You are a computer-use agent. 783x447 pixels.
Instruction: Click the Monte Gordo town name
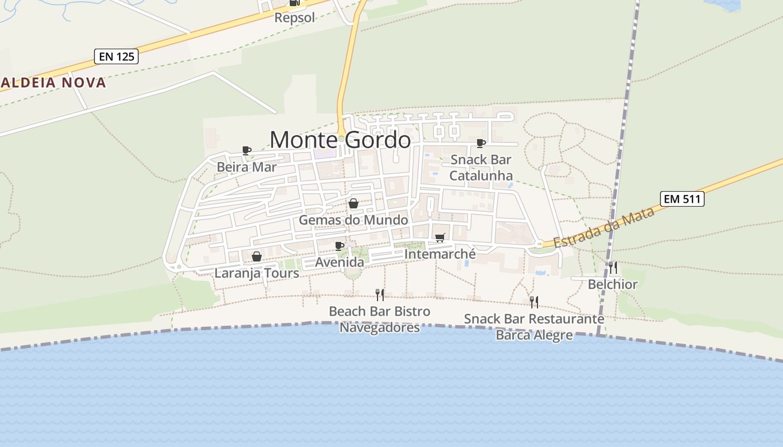340,140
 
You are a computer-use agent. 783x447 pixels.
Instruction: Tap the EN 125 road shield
116,56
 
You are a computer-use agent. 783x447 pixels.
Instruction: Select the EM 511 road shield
682,199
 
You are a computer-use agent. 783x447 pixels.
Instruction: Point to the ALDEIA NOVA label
53,83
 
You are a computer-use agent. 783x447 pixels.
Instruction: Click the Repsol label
295,17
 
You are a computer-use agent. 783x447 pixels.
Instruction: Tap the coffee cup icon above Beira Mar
246,150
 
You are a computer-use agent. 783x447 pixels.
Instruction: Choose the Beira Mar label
247,167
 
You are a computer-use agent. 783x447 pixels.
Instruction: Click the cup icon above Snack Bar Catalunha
480,143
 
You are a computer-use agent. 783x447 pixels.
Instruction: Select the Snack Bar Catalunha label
481,168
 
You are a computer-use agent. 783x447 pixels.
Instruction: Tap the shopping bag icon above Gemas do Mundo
353,203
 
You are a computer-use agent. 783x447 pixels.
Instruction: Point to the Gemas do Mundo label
353,220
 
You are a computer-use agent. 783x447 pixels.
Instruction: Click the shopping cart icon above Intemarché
440,238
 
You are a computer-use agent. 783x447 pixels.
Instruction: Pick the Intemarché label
440,254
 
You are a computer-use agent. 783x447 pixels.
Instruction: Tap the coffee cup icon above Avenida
339,246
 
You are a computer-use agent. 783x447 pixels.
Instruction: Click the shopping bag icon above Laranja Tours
256,257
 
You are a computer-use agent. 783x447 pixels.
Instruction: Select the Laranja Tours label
257,273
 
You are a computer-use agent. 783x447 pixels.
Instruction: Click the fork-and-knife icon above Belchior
612,268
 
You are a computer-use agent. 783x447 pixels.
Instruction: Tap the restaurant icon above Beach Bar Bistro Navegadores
380,294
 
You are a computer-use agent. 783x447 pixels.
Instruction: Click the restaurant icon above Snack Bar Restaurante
534,302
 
